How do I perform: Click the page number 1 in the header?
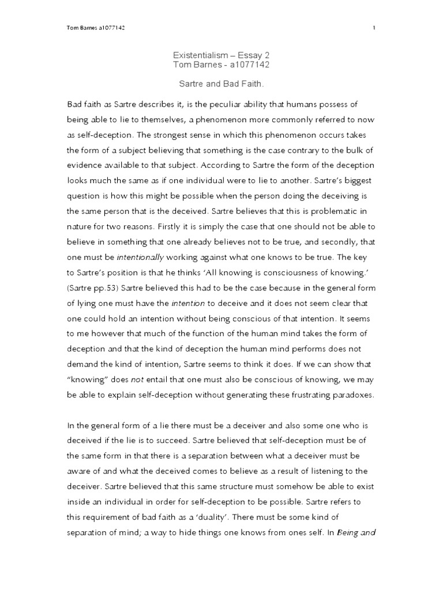(x=374, y=28)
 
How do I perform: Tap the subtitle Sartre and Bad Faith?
(x=221, y=84)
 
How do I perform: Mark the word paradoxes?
(x=354, y=395)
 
